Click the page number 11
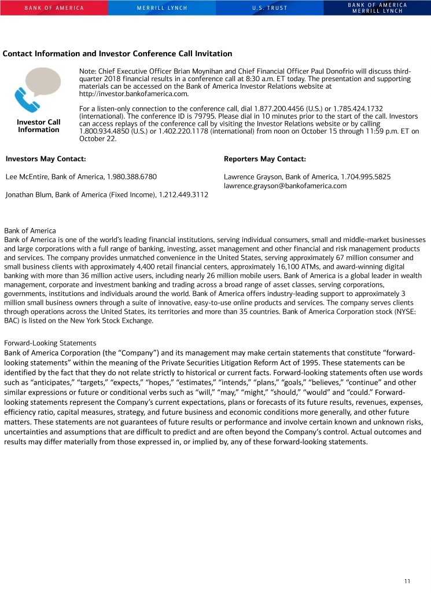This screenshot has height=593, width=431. tap(407, 581)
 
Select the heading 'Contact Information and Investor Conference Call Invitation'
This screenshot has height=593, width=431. tap(117, 54)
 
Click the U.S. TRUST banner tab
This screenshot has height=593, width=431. tap(269, 8)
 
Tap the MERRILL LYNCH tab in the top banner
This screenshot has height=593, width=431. tap(161, 8)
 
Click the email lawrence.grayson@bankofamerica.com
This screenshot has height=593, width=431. tap(285, 186)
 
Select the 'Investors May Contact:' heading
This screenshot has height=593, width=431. tap(46, 159)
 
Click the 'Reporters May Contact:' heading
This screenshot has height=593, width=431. tap(264, 159)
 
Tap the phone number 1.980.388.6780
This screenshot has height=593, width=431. tap(131, 177)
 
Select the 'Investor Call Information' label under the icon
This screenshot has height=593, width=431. tap(39, 126)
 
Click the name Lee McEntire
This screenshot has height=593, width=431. tap(25, 177)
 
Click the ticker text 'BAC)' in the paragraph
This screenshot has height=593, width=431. tap(12, 320)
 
